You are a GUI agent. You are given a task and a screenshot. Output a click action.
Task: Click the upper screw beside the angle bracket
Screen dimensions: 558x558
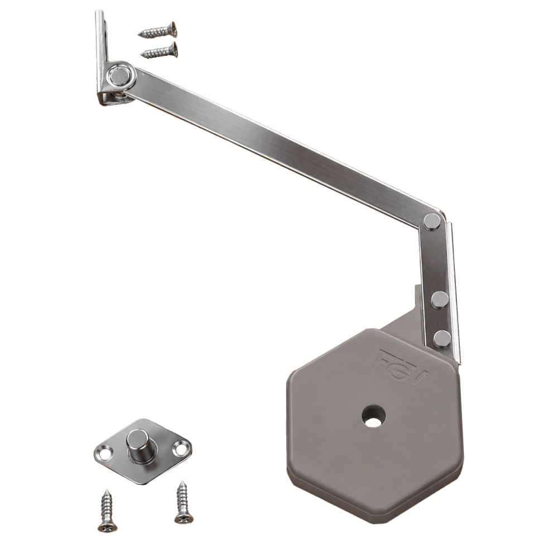coord(158,30)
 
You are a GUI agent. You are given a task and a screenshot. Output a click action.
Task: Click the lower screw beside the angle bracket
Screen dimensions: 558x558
coord(160,51)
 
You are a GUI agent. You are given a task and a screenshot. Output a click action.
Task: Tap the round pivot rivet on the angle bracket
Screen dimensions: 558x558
coord(121,76)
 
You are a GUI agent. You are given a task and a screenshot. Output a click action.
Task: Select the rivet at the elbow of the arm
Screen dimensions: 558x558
coord(432,222)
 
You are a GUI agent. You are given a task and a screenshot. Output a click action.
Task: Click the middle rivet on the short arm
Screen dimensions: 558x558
coord(440,300)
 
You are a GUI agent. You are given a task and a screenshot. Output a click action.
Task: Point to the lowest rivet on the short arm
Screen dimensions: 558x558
coord(442,339)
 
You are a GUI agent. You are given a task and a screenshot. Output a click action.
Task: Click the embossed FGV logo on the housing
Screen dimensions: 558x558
coord(400,367)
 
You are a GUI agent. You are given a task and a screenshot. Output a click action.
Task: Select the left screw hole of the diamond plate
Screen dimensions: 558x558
coord(105,454)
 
